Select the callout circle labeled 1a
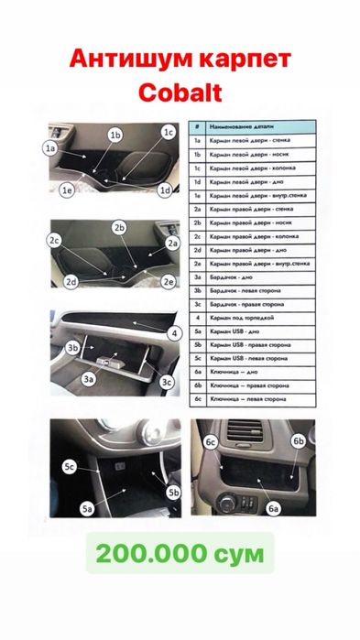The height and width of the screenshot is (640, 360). [x=50, y=146]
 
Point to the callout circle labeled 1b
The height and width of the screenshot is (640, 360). [x=115, y=135]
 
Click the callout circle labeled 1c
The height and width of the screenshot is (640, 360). [x=168, y=132]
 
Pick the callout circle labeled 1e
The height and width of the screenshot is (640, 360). [x=66, y=190]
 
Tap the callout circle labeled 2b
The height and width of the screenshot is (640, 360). [x=119, y=226]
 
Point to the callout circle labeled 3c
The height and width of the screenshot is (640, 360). [x=167, y=382]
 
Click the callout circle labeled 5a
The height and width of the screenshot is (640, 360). [x=89, y=506]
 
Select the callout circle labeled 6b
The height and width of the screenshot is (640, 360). [x=298, y=440]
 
